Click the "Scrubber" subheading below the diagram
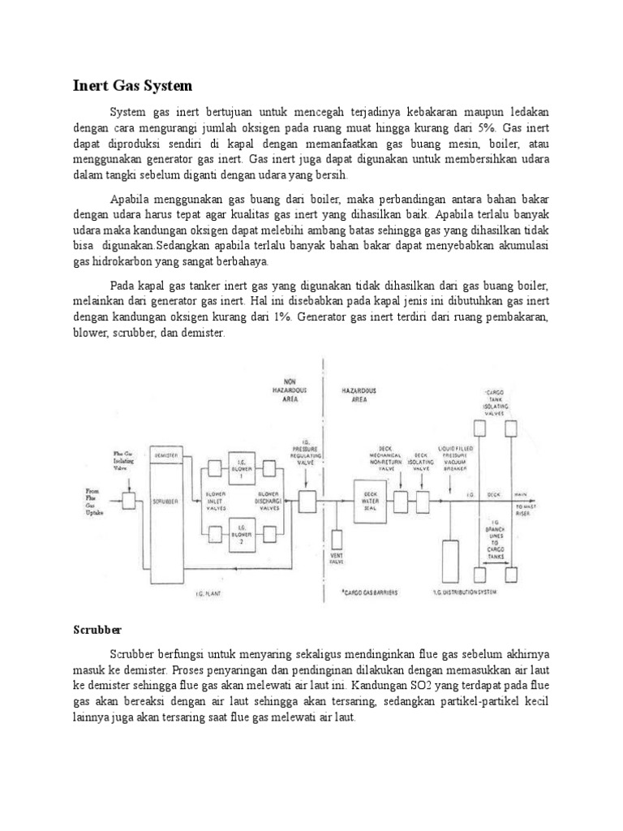[98, 629]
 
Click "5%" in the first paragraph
[485, 129]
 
